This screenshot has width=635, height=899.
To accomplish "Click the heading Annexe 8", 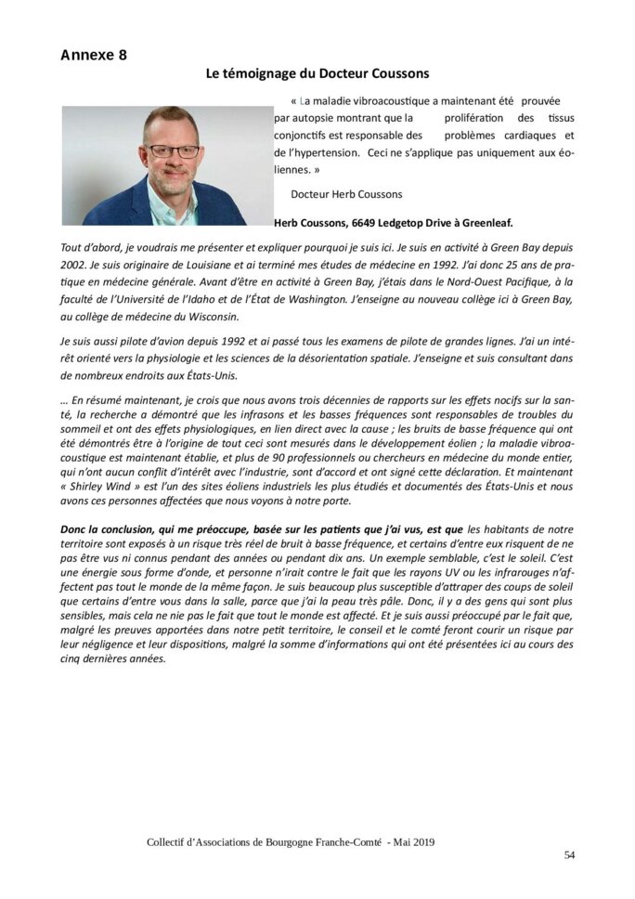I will coord(94,55).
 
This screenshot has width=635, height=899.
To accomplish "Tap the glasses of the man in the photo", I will coord(174,150).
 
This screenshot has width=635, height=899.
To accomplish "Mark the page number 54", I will coord(569,855).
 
